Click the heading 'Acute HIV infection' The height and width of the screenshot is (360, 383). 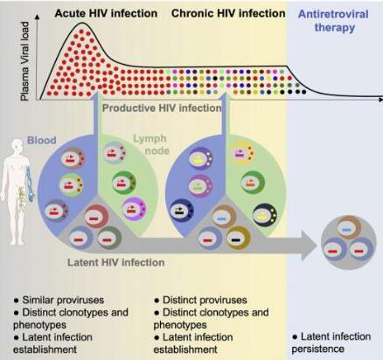point(106,13)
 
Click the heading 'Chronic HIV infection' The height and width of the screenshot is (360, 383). point(228,13)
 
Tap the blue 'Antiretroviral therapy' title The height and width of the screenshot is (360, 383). point(334,21)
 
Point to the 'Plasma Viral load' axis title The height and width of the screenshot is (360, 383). point(25,61)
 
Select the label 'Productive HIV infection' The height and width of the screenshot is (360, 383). point(162,108)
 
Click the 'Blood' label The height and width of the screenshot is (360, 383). point(42,140)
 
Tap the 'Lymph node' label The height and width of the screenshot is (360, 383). point(151,144)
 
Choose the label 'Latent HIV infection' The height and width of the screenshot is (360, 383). point(116,262)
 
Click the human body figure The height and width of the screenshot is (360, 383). point(18,191)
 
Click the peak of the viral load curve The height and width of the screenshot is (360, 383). point(83,23)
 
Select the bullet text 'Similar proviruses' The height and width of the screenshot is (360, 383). point(59,300)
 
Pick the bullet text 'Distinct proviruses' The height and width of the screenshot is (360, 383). point(200,300)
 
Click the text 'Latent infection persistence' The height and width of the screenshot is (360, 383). point(331,343)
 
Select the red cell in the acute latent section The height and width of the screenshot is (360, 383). point(96,217)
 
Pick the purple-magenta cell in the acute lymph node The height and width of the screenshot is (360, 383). point(135,209)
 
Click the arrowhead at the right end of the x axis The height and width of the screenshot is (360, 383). point(380,100)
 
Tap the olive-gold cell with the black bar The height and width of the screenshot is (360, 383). point(238,239)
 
